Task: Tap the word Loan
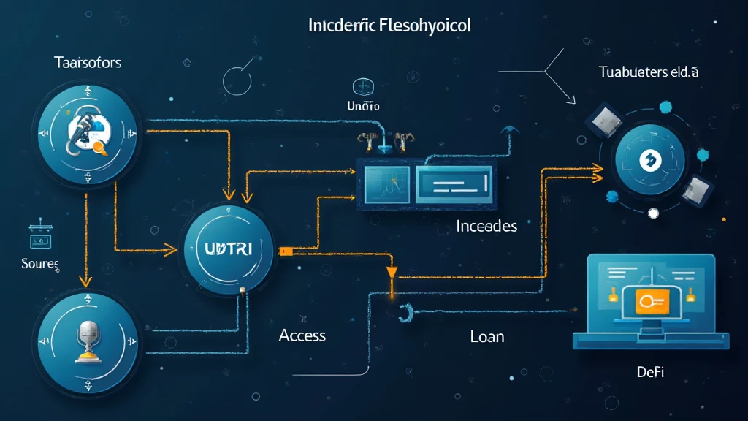click(x=487, y=337)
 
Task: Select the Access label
click(x=302, y=335)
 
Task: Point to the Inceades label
click(x=486, y=226)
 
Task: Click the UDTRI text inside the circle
click(x=224, y=249)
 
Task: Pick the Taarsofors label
click(x=88, y=63)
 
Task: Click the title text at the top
click(x=389, y=26)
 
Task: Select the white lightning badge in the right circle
click(x=649, y=159)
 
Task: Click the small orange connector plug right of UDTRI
click(x=286, y=250)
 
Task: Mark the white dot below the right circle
click(x=654, y=213)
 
